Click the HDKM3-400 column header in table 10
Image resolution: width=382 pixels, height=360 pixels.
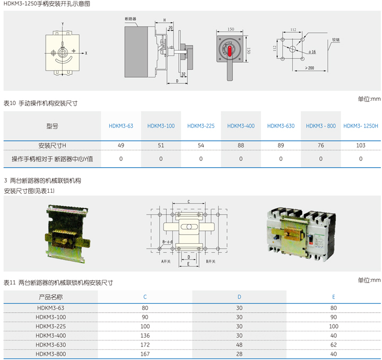point(241,126)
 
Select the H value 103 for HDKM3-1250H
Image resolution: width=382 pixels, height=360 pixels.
point(361,145)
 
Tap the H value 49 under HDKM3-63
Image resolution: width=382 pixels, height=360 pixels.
point(121,145)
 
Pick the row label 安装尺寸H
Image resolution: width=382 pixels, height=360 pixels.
point(52,145)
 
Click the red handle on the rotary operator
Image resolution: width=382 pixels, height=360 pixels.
point(230,51)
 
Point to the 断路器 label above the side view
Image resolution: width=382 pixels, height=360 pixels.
point(130,19)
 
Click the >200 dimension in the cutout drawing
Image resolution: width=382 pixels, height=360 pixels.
point(309,68)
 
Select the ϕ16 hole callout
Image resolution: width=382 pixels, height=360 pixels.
point(311,52)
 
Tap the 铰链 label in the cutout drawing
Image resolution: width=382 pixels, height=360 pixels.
point(336,39)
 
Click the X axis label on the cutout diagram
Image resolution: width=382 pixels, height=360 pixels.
point(86,53)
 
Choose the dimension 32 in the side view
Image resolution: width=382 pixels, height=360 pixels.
point(183,73)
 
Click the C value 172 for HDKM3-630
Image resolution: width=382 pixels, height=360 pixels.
point(145,345)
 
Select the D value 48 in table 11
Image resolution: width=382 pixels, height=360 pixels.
point(239,345)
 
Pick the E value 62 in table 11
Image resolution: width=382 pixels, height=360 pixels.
point(333,345)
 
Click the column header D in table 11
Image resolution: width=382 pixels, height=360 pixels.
point(239,297)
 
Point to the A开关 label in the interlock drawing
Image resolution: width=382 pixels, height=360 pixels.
point(168,262)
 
